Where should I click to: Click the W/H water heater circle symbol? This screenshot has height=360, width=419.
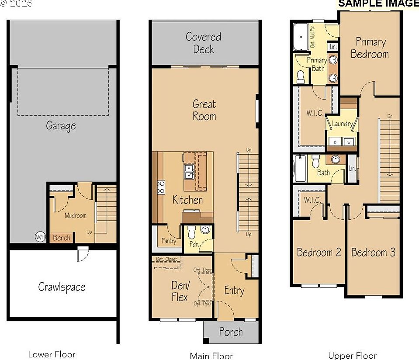click(40, 237)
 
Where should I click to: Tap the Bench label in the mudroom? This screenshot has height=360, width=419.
click(62, 238)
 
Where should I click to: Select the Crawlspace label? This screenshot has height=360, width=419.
click(62, 287)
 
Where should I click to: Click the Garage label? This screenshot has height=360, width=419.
click(61, 126)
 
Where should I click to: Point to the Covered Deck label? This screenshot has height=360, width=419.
click(204, 43)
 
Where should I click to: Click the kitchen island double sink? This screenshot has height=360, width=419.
click(189, 172)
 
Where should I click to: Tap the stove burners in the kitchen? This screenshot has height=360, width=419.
click(161, 187)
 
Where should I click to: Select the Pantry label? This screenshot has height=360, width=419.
click(169, 241)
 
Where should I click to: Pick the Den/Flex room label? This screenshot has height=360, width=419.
click(180, 291)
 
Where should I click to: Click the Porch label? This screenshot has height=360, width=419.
click(231, 332)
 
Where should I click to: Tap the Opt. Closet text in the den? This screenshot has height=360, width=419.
click(166, 260)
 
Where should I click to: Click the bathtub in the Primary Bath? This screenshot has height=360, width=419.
click(301, 37)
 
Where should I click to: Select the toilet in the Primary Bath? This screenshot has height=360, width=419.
click(301, 77)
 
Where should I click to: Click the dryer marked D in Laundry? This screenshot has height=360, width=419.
click(336, 142)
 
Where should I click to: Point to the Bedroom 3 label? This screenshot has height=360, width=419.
click(373, 253)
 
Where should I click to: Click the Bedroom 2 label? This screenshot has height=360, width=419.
click(319, 253)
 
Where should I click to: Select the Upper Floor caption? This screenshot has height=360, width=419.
click(352, 356)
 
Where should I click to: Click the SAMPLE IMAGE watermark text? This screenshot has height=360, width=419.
click(378, 3)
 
